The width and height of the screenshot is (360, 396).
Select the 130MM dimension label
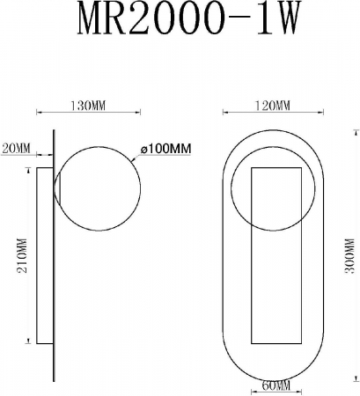pos(88,106)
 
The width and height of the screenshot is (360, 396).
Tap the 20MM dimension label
pos(16,147)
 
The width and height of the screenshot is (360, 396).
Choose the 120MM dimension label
pos(268,106)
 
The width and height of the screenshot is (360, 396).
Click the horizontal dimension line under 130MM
pos(88,114)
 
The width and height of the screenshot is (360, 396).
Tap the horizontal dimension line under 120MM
pos(268,114)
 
